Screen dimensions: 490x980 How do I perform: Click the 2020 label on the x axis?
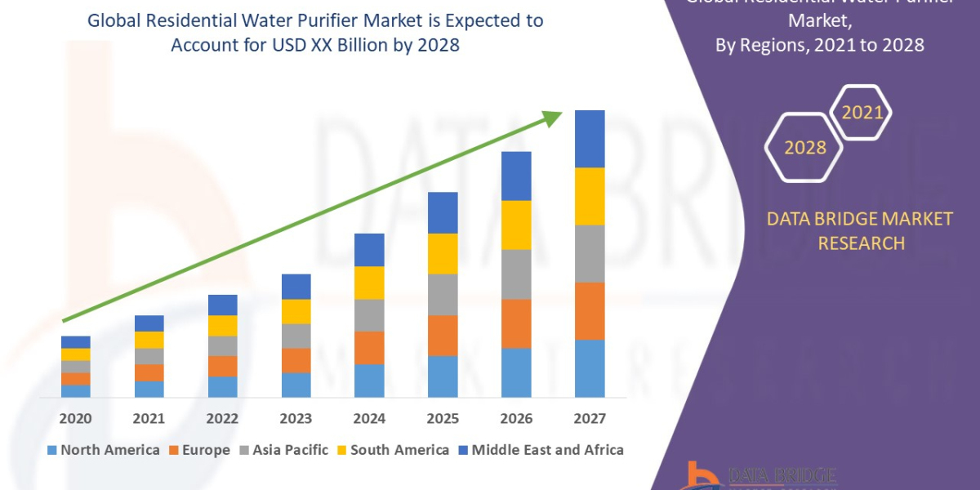point(75,419)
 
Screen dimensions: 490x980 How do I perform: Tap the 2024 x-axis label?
point(369,419)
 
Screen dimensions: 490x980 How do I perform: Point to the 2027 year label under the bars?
point(590,419)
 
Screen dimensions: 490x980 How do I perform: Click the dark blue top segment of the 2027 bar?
point(590,139)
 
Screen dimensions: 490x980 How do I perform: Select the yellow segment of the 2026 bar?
point(516,225)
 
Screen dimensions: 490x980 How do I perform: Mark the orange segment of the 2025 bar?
point(443,336)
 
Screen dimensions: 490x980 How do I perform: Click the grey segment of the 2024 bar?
point(369,315)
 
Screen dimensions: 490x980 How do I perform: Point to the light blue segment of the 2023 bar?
point(296,385)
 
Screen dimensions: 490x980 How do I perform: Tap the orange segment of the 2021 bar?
point(149,372)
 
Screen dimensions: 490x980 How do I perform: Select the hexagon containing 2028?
point(804,148)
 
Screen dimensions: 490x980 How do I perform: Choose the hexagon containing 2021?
point(862,113)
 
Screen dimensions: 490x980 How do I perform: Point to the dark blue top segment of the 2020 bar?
point(75,342)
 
